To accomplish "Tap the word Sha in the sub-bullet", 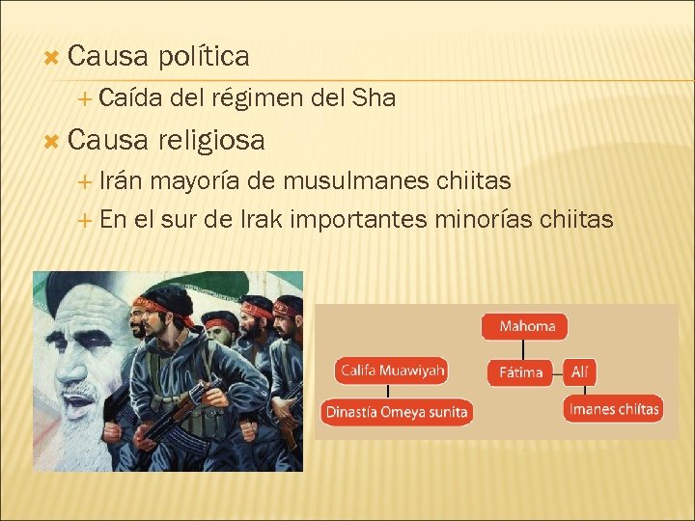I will tap(375, 97).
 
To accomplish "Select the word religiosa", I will tap(212, 141).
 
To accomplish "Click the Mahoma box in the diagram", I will tap(526, 326).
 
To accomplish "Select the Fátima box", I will tap(521, 371).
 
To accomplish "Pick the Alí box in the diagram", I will tap(579, 371).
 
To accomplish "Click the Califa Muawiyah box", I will tap(391, 370).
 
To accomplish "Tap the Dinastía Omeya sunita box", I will tap(397, 412).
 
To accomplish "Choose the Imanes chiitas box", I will tap(614, 409).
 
